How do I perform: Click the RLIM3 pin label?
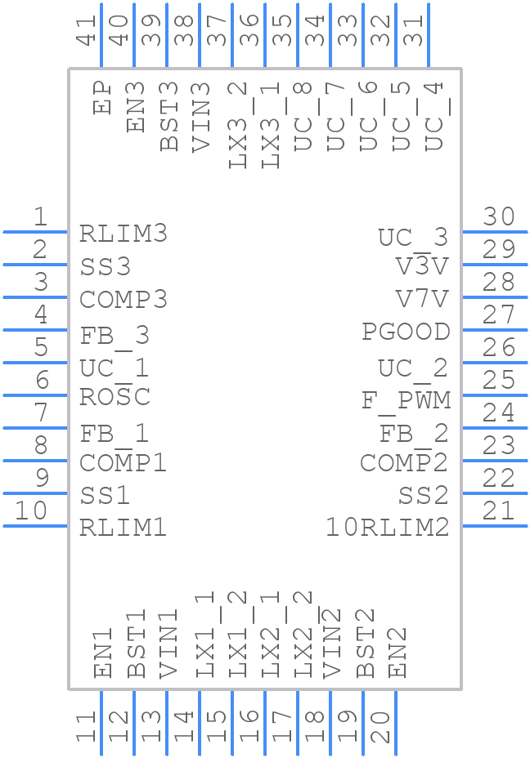pyautogui.click(x=124, y=234)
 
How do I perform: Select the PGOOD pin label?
pyautogui.click(x=406, y=332)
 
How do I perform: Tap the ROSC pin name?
pyautogui.click(x=115, y=398)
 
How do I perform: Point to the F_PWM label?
pyautogui.click(x=406, y=400)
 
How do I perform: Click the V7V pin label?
pyautogui.click(x=422, y=299)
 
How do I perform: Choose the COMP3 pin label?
pyautogui.click(x=124, y=300)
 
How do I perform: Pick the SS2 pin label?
pyautogui.click(x=424, y=495)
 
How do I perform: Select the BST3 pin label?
pyautogui.click(x=168, y=116)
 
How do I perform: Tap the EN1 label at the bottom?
pyautogui.click(x=103, y=653)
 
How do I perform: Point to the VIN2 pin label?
pyautogui.click(x=331, y=644)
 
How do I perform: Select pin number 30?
pyautogui.click(x=499, y=216)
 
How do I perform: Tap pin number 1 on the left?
pyautogui.click(x=40, y=216)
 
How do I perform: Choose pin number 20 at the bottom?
pyautogui.click(x=380, y=725)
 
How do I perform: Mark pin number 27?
pyautogui.click(x=499, y=314)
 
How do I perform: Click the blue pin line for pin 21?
pyautogui.click(x=495, y=525)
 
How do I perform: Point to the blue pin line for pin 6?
pyautogui.click(x=35, y=395)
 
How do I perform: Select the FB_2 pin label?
pyautogui.click(x=414, y=433)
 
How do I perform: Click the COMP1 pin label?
pyautogui.click(x=124, y=463)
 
